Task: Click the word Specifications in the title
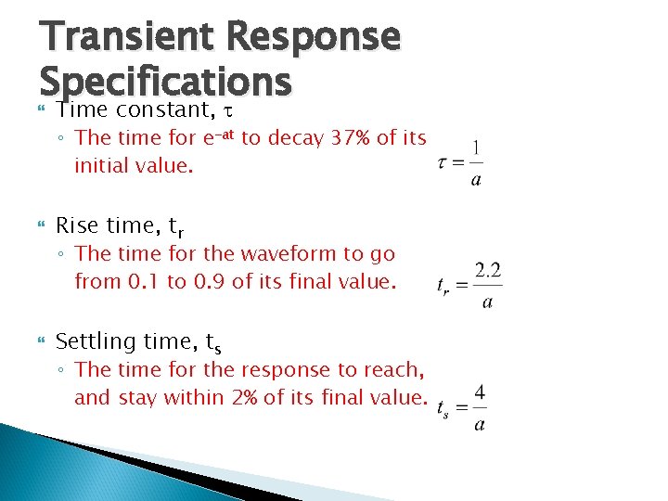[166, 83]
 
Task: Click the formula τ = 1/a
[460, 163]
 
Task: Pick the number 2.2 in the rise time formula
[488, 271]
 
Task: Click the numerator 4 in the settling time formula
[479, 392]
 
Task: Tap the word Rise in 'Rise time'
[77, 225]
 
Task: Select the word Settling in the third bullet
[96, 342]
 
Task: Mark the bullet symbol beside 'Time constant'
[40, 110]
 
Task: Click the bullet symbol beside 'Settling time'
[40, 342]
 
